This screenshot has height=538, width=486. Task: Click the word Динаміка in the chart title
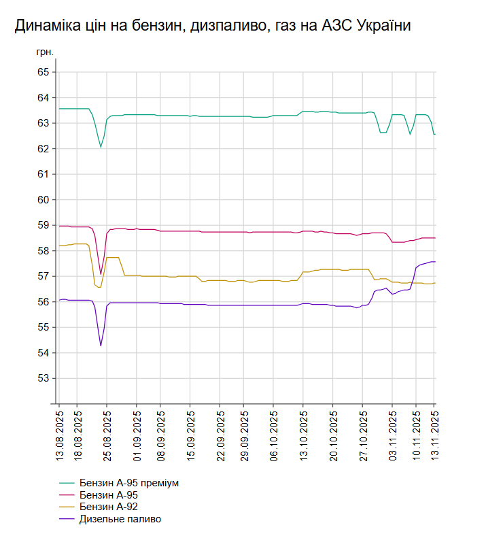click(x=45, y=26)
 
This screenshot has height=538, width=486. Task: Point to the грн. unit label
click(x=44, y=52)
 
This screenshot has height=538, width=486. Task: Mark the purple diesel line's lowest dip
click(x=101, y=346)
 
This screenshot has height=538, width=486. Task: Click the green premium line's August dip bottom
click(x=101, y=146)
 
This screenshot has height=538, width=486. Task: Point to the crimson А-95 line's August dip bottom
click(x=101, y=273)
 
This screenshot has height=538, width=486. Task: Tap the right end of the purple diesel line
click(x=434, y=262)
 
